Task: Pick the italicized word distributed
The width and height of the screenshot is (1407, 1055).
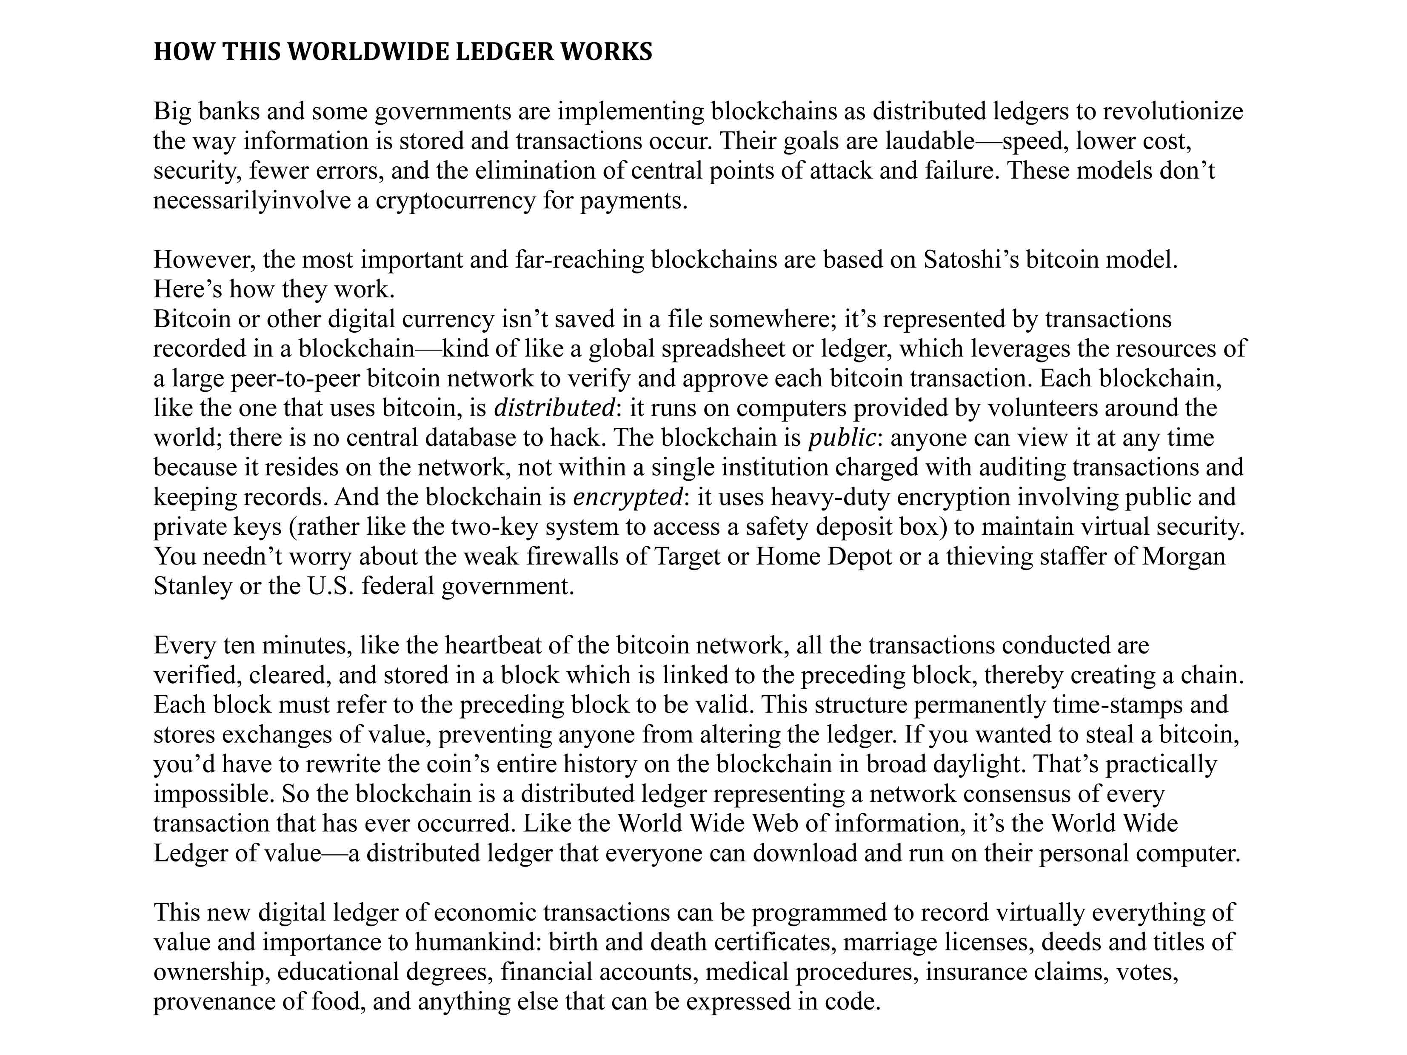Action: coord(554,408)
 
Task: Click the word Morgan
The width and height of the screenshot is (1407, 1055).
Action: coord(1183,556)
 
